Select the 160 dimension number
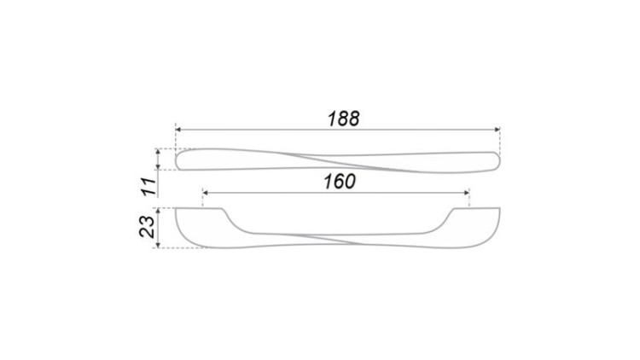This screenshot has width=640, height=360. coord(339,181)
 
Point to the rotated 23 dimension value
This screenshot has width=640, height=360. coord(147,227)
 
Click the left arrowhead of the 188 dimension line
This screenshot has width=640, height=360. coord(179,130)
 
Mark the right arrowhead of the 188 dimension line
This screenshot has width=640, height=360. coord(496,130)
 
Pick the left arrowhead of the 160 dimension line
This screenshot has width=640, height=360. coord(206,192)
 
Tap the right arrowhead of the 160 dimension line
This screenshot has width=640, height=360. coord(466,192)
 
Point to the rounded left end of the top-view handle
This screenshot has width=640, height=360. coord(178,159)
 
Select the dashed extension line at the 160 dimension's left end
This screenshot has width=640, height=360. coord(202,199)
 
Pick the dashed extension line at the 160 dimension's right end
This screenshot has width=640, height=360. coord(469,199)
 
